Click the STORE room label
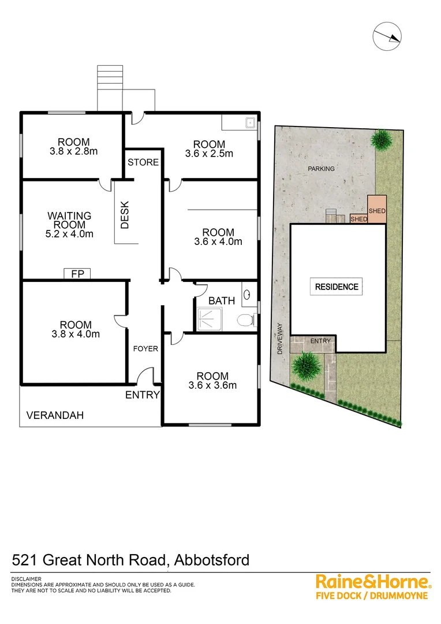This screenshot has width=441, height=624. (x=143, y=162)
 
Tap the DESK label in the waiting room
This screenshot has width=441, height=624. (x=125, y=214)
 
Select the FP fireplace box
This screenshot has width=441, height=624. (x=77, y=274)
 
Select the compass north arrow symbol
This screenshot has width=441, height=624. (x=387, y=36)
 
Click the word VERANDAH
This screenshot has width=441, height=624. (x=55, y=415)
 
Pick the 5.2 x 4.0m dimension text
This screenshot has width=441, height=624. (x=70, y=234)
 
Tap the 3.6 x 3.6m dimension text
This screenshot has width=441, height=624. (x=212, y=385)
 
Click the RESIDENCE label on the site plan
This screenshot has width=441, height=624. (x=337, y=287)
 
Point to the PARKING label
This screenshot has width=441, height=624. (x=322, y=169)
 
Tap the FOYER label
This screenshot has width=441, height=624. (x=145, y=349)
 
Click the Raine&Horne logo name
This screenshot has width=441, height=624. (x=372, y=581)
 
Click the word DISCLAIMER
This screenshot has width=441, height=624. (x=26, y=579)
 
